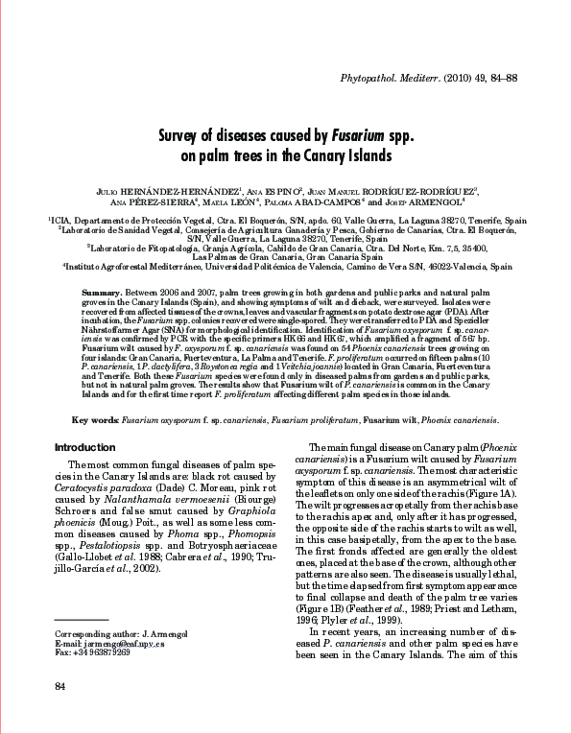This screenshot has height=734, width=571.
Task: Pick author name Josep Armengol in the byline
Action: pos(425,202)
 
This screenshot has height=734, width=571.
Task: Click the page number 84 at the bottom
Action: pos(60,685)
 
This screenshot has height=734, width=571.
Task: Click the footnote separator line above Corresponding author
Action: pos(82,622)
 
